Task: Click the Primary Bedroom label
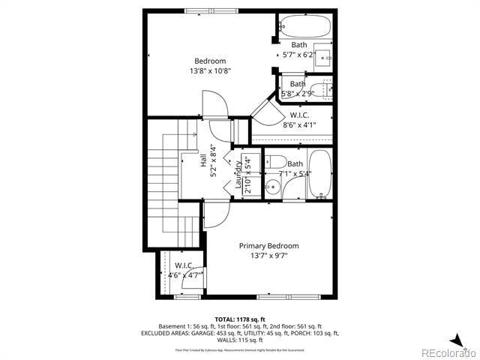point(268,246)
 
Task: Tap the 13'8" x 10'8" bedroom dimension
point(210,71)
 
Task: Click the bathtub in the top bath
point(304,28)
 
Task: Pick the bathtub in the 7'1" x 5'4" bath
point(319,174)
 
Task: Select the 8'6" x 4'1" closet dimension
point(300,125)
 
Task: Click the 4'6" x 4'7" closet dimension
point(184,275)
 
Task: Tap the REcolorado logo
point(448,352)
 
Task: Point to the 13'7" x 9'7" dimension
point(268,256)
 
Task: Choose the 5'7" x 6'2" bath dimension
point(298,55)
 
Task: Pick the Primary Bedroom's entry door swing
point(215,215)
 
